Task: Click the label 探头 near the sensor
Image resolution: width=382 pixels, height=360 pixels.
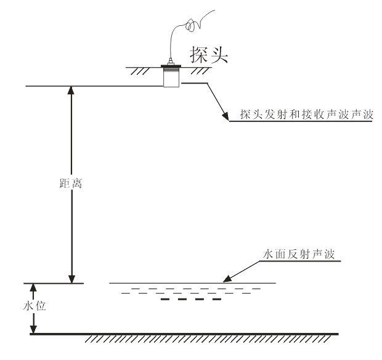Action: (x=209, y=57)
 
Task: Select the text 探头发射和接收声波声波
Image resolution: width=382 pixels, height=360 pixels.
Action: (x=302, y=114)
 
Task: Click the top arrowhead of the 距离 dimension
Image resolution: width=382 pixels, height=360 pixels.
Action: (x=72, y=90)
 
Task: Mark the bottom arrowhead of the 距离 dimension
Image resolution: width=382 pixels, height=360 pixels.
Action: (x=72, y=279)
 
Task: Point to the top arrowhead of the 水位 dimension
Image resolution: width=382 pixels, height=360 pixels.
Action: (x=34, y=287)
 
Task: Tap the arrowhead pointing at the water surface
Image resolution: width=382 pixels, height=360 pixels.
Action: (x=227, y=280)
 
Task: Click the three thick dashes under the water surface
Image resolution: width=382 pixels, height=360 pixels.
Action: (x=190, y=300)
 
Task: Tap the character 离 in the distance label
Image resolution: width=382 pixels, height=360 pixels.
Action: (x=76, y=184)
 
